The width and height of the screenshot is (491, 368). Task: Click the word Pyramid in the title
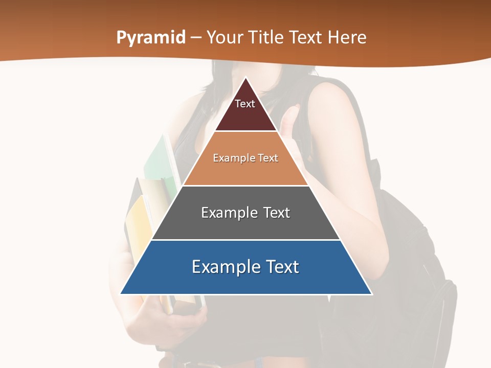tap(151, 38)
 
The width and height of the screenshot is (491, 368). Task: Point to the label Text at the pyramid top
tap(245, 104)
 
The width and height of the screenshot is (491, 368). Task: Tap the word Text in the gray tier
tap(276, 213)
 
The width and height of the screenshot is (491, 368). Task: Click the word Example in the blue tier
tap(227, 267)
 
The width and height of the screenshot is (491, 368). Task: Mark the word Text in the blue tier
tap(282, 267)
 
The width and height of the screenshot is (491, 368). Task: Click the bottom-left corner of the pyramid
tap(121, 293)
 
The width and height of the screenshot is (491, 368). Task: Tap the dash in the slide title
tap(196, 38)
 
